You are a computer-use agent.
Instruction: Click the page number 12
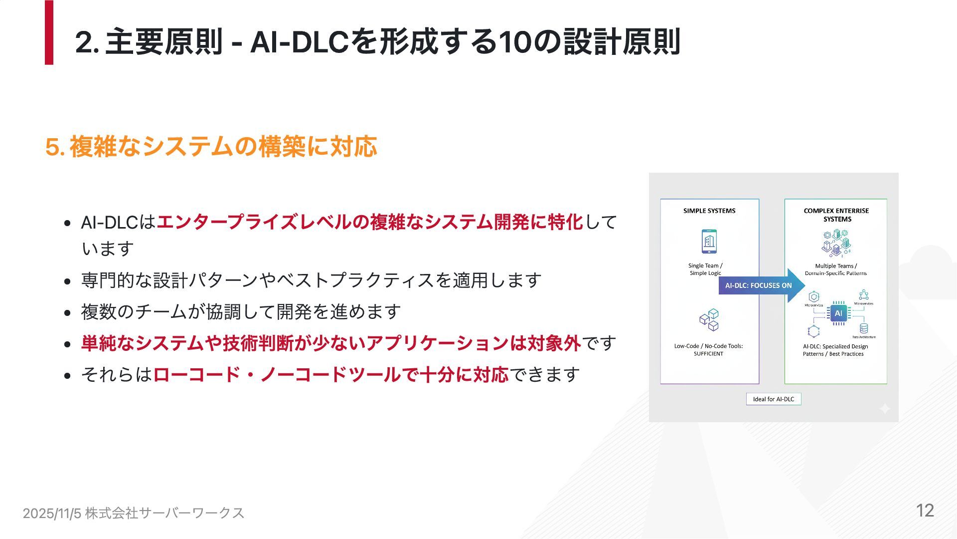click(x=925, y=511)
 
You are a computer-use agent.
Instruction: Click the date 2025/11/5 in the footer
click(x=52, y=513)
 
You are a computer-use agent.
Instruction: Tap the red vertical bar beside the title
click(x=49, y=32)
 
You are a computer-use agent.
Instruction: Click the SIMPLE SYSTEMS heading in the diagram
click(x=709, y=211)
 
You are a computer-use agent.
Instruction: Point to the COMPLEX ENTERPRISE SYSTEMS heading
click(x=836, y=215)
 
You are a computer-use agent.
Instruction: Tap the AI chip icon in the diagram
click(x=838, y=313)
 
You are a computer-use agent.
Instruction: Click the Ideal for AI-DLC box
click(x=773, y=399)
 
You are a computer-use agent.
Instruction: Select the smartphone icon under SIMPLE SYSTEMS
click(x=709, y=242)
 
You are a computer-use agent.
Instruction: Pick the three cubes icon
click(x=709, y=320)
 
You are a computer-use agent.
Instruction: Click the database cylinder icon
click(x=864, y=328)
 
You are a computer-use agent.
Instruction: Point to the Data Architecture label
click(x=864, y=337)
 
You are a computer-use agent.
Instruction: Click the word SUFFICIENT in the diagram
click(x=708, y=354)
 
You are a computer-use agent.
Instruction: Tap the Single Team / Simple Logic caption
click(x=705, y=269)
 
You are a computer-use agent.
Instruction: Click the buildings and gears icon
click(x=836, y=243)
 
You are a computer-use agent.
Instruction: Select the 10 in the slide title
click(x=514, y=42)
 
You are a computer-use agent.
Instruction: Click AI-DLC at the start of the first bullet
click(x=109, y=223)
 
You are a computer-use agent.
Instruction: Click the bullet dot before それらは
click(x=68, y=375)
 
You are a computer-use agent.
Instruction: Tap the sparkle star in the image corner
click(x=885, y=409)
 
